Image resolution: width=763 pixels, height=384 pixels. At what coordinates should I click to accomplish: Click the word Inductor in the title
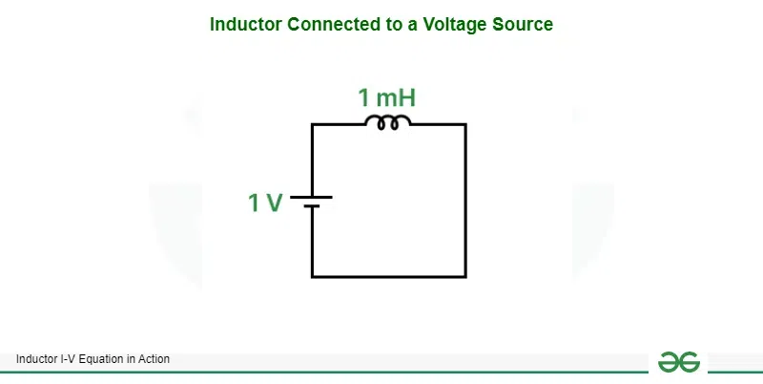tap(243, 25)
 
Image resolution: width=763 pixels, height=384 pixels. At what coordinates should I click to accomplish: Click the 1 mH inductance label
tap(386, 97)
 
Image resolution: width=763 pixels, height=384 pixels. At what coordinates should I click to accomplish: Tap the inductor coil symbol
tap(389, 122)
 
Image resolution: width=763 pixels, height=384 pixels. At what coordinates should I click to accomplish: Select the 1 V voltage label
tap(265, 203)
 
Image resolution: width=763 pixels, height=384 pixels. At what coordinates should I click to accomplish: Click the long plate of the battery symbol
tap(312, 198)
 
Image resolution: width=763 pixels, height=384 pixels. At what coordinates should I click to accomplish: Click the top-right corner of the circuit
tap(465, 124)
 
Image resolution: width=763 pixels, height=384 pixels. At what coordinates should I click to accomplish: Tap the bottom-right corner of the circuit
tap(465, 277)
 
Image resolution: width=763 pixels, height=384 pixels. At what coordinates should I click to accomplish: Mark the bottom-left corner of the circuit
tap(312, 277)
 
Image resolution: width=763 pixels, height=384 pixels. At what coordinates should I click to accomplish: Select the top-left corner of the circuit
tap(312, 124)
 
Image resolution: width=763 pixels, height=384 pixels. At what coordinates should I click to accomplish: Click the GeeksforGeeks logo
tap(678, 362)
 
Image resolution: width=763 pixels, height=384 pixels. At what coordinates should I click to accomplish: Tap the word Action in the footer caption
tap(155, 359)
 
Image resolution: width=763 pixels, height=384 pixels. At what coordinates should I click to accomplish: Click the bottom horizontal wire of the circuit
tap(389, 277)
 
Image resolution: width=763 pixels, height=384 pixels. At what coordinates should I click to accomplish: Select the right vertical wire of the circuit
tap(465, 201)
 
